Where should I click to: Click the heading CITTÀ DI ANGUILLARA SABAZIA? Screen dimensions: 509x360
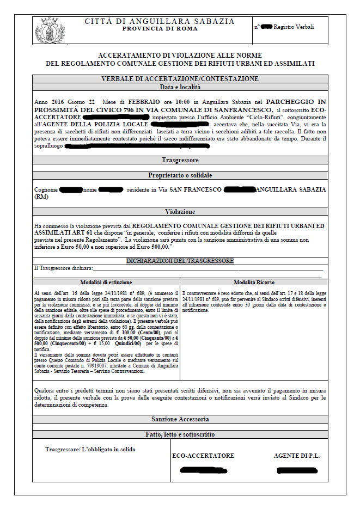pos(160,21)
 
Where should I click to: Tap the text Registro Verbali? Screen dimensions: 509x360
pos(294,27)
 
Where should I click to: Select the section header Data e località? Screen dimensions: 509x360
pos(180,87)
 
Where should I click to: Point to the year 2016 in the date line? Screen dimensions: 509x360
pos(57,102)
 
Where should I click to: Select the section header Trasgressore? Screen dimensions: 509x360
pos(180,161)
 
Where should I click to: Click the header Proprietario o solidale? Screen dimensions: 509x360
pos(180,175)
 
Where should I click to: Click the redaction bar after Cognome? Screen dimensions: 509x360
pos(71,190)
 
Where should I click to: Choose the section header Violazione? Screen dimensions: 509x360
pos(180,211)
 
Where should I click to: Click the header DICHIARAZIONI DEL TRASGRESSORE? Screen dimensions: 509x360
pos(180,261)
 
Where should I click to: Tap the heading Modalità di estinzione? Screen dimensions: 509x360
pos(106,283)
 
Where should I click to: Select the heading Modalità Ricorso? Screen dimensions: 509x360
pos(254,283)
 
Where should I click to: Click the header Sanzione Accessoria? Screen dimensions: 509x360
pos(180,419)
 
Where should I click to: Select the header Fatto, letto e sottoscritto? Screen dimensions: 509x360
pos(180,434)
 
